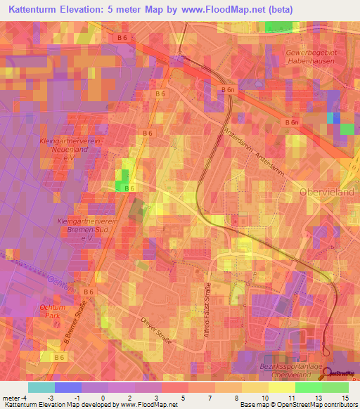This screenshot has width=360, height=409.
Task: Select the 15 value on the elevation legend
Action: coord(346,397)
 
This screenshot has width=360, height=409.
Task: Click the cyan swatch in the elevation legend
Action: coord(41,387)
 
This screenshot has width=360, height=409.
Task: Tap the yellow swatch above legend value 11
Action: coord(282,387)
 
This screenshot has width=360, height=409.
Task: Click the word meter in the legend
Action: coord(10,397)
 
